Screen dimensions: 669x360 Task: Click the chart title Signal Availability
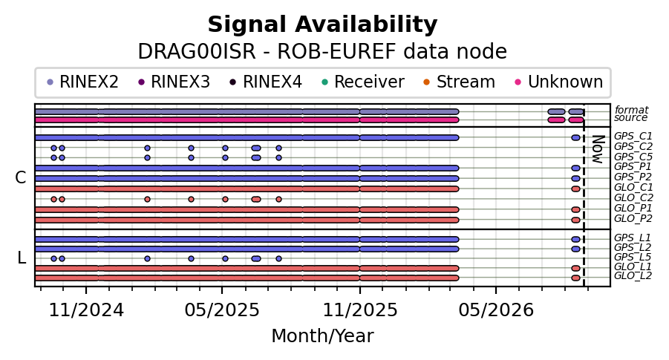(322, 24)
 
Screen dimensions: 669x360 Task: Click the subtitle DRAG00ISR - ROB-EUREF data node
(322, 52)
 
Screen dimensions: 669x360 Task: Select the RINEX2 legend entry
(82, 82)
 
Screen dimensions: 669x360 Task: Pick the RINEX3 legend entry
(174, 82)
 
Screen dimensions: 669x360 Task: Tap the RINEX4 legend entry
(266, 82)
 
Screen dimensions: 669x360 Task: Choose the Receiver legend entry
(363, 82)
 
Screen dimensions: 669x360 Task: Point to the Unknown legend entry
(559, 82)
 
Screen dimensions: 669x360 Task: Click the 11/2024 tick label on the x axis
(86, 310)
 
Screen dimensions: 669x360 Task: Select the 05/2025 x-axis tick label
(222, 310)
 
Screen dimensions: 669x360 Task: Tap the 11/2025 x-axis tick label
(360, 310)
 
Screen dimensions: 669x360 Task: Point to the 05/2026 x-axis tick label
(496, 310)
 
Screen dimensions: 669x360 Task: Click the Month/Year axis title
(322, 336)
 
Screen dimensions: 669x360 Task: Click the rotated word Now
(598, 150)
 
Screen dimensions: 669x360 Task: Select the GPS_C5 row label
(633, 157)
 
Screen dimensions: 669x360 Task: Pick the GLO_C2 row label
(633, 198)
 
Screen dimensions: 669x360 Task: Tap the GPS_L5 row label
(633, 258)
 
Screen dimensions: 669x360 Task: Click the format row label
(631, 110)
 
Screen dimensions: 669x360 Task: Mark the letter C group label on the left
(21, 178)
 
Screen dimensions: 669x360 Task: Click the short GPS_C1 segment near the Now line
(575, 138)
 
